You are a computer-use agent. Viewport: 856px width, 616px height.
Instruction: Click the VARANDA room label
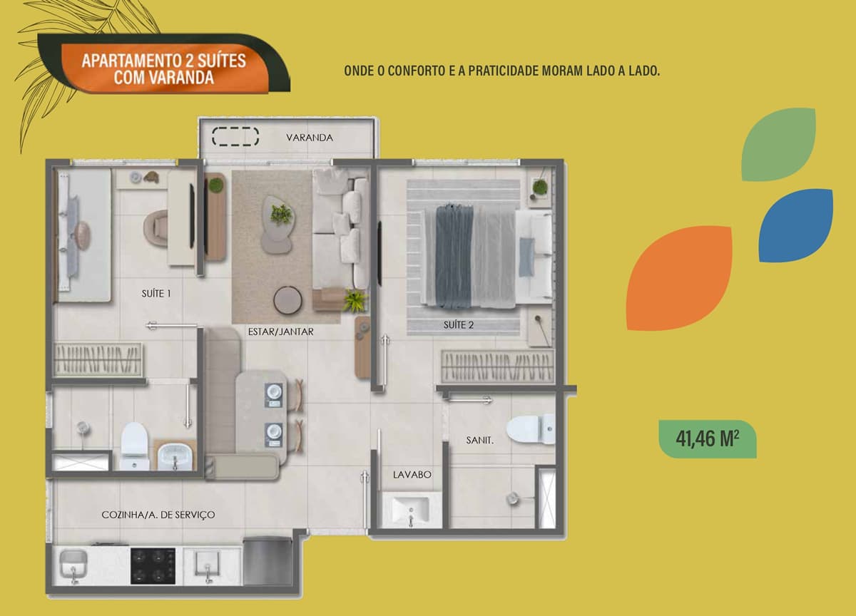[310, 138]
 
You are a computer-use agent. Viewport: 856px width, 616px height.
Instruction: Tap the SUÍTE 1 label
[156, 293]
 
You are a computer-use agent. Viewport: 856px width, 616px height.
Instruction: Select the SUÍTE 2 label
[459, 325]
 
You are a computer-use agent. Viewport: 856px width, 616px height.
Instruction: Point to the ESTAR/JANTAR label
[281, 332]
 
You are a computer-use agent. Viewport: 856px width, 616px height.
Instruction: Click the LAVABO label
[412, 475]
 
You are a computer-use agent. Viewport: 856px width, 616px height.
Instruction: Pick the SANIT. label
[479, 441]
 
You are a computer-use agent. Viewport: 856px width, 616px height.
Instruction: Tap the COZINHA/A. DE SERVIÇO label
[158, 515]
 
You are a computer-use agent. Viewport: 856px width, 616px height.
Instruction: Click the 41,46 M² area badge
[708, 438]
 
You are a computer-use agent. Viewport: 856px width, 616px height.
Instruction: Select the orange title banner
[165, 68]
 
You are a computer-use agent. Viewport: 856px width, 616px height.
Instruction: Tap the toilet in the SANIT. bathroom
[531, 429]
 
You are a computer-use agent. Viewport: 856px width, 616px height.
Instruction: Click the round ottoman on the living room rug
[287, 299]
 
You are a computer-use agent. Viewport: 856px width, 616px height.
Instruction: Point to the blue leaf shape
[795, 225]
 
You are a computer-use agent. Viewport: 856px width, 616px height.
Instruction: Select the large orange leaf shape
[679, 278]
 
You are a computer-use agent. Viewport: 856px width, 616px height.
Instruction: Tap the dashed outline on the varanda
[235, 136]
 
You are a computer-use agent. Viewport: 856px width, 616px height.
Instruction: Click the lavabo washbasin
[411, 510]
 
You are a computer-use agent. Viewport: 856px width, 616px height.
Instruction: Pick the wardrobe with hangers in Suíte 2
[498, 366]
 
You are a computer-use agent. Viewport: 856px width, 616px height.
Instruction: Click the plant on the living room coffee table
[281, 215]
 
